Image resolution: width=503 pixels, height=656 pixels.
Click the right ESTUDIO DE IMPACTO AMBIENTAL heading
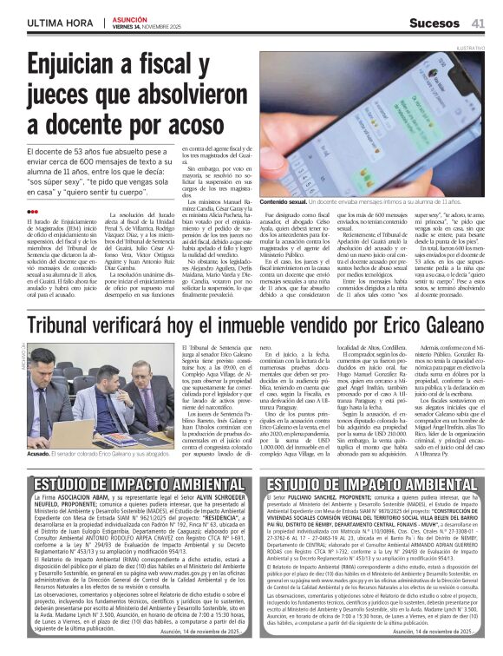(x=372, y=484)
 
